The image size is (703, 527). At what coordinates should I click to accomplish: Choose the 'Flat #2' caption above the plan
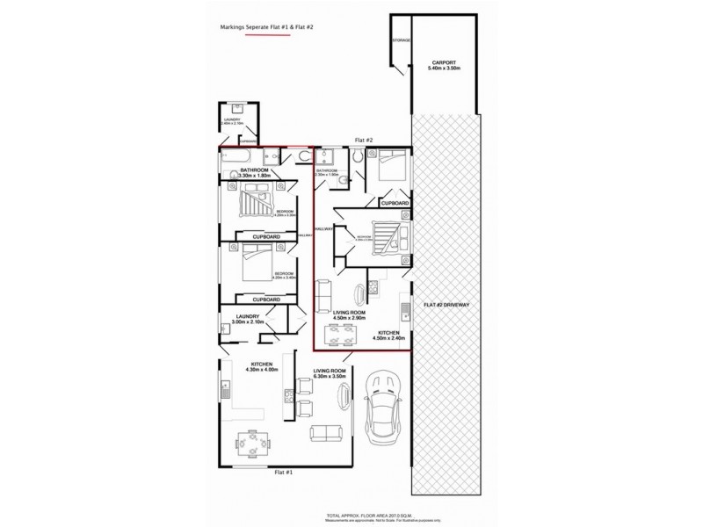(364, 141)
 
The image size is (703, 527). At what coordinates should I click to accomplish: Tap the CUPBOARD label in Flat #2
(395, 203)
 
